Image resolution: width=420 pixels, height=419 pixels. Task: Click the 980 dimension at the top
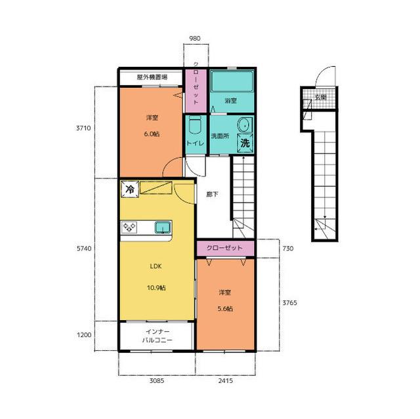[x=195, y=39]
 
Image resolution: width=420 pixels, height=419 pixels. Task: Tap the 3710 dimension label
[x=83, y=128]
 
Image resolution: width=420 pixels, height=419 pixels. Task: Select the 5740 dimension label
[x=84, y=249]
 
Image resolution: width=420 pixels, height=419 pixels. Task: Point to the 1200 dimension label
[x=84, y=334]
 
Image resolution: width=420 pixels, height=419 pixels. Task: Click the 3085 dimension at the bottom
[x=157, y=380]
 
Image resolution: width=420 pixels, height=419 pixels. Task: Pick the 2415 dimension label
[x=226, y=380]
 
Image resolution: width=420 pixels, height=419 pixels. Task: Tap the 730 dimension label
[x=288, y=249]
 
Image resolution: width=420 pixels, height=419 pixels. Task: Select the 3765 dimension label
[x=290, y=303]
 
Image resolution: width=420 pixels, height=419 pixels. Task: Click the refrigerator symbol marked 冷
[x=130, y=190]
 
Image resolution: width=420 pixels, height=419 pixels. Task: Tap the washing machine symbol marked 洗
[x=245, y=143]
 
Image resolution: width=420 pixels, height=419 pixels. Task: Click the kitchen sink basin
[x=163, y=228]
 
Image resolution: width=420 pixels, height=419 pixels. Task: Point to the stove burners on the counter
[x=129, y=228]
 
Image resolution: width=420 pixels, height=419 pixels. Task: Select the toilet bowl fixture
[x=194, y=125]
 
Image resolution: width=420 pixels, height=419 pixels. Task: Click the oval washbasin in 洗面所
[x=244, y=125]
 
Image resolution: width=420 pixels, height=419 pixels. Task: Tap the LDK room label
[x=156, y=266]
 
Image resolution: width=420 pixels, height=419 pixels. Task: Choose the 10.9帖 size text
[x=156, y=288]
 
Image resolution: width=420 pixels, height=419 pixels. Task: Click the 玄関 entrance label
[x=320, y=98]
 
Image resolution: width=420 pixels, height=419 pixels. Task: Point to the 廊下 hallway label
[x=212, y=195]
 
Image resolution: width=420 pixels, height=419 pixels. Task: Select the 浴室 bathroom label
[x=230, y=101]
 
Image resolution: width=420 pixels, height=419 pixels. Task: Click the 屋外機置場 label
[x=152, y=77]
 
